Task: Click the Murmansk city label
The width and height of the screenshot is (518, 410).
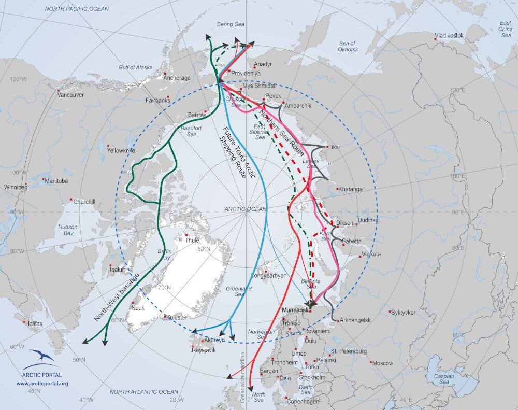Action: (x=294, y=310)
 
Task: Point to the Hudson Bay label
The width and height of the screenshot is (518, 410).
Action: (x=67, y=230)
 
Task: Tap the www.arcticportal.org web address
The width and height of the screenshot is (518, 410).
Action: (x=42, y=384)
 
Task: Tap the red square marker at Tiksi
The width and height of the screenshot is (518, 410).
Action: (x=327, y=147)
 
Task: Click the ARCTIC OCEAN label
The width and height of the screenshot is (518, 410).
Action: (x=245, y=209)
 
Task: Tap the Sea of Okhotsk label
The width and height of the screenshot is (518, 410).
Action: (x=348, y=46)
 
